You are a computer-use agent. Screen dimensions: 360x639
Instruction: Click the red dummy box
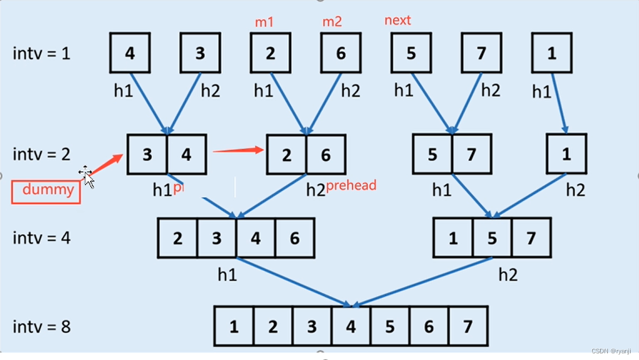point(46,191)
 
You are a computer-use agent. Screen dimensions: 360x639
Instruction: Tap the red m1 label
point(264,22)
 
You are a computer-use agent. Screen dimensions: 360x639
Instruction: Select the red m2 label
point(332,22)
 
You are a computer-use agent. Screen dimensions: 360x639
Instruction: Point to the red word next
point(398,21)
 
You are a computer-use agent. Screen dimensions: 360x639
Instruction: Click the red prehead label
point(351,185)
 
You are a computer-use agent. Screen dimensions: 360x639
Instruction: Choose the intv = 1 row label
point(42,53)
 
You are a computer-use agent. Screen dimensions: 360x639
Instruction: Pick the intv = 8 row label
point(42,326)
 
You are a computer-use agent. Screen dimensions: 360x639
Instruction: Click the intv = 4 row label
point(42,238)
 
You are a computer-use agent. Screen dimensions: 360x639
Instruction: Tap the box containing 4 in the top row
point(130,53)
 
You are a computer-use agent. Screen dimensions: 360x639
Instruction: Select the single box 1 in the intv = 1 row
point(552,53)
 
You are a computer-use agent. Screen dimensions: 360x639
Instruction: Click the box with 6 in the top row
point(340,53)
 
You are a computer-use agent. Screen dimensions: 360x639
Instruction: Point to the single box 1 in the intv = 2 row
point(566,154)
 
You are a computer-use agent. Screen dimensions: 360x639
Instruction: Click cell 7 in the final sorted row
point(468,326)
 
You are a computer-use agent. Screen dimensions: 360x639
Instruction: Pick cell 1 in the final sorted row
point(234,326)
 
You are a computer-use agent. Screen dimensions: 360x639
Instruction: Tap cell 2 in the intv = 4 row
point(177,238)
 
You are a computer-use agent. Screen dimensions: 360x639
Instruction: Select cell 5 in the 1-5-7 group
point(492,238)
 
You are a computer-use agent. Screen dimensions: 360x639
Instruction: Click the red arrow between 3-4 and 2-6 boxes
point(238,150)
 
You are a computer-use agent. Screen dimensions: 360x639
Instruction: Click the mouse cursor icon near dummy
point(87,176)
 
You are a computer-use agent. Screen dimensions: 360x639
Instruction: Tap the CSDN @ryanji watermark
point(611,352)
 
